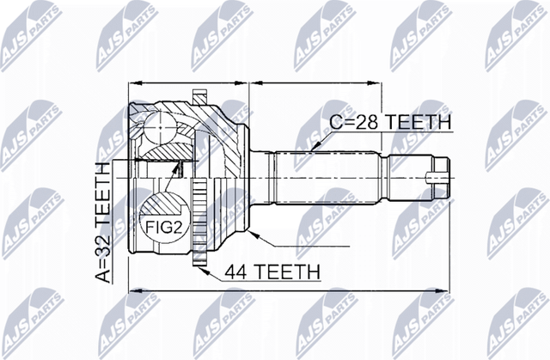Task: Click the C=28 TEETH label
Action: coord(390,123)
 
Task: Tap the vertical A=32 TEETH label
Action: coord(102,221)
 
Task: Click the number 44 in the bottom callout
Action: coord(237,272)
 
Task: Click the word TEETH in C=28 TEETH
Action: coord(419,123)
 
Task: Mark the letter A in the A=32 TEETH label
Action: coord(102,276)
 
